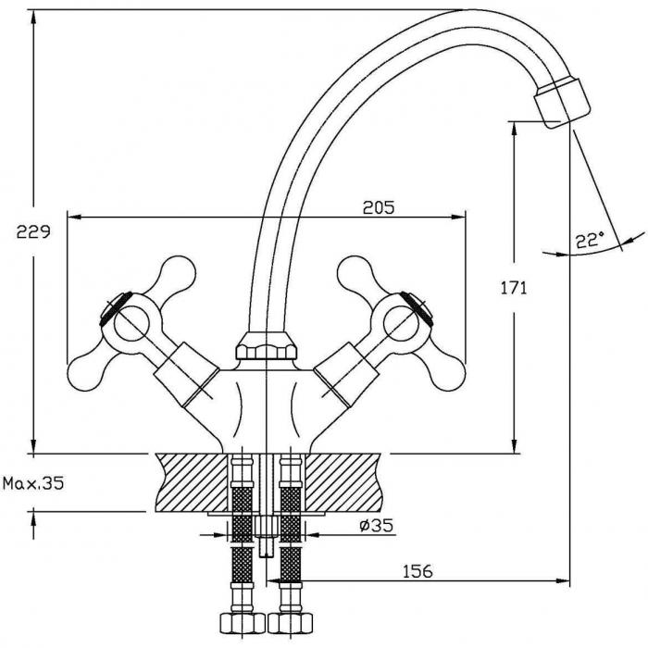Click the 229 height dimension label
[x=33, y=231]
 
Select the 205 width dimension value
[x=379, y=207]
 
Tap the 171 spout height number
[x=514, y=288]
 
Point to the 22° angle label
[x=590, y=239]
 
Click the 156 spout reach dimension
[x=417, y=571]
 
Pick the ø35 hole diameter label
[x=376, y=525]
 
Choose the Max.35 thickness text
[x=33, y=482]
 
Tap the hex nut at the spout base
[x=267, y=346]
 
